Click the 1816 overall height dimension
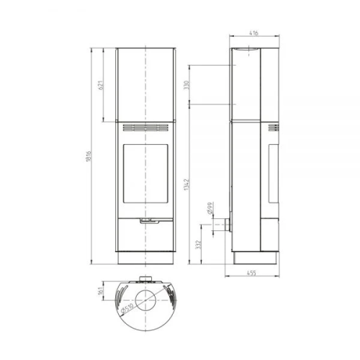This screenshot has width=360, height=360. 89,156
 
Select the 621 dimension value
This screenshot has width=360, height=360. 101,85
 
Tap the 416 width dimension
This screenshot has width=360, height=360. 253,33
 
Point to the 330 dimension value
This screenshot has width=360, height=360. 186,85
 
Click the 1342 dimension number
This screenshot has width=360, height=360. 186,184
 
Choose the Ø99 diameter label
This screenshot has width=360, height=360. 210,208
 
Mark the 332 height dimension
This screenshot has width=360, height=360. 198,245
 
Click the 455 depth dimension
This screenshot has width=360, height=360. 251,273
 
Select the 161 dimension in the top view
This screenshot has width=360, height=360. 101,291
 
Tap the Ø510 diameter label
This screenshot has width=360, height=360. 127,308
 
